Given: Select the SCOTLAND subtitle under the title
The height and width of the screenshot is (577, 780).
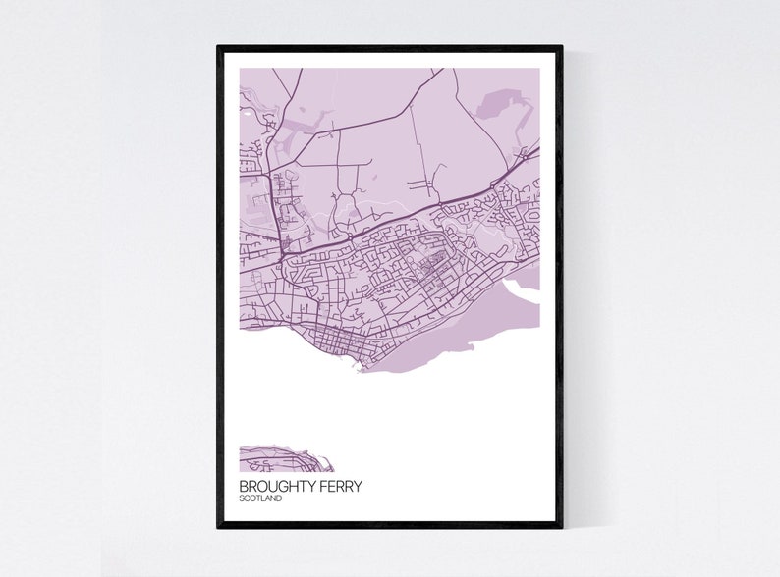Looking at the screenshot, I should pos(260,499).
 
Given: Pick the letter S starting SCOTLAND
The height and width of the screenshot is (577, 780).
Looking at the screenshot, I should pos(242,499).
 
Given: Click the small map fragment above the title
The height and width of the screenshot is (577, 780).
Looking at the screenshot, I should pos(285,459).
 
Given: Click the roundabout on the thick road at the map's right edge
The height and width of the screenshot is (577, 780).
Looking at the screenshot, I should pos(525,156).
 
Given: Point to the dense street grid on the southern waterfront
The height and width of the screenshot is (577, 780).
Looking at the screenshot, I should pos(344,343).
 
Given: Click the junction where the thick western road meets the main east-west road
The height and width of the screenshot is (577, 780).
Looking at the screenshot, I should pos(282,254).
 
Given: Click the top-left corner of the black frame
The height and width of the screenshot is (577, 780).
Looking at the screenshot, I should pos(219,47).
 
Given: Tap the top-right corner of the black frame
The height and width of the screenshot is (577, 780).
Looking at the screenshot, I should pos(561,47).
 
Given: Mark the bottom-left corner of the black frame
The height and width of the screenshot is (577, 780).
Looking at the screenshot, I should pos(219,526).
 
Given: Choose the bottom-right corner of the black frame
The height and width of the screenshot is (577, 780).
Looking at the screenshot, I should pos(561,526).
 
